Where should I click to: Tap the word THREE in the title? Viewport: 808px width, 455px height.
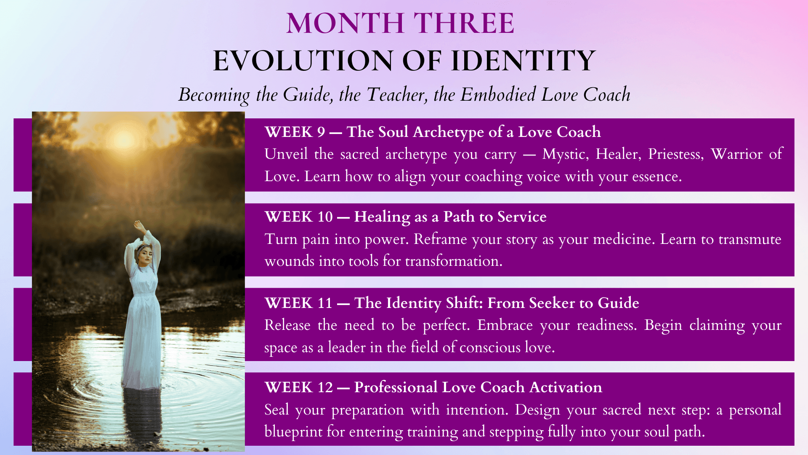point(464,23)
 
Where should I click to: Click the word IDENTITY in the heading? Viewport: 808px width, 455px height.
point(523,61)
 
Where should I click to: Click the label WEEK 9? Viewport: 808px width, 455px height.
point(295,132)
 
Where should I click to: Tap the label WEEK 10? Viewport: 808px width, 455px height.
point(299,217)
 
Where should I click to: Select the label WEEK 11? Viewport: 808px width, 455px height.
point(298,303)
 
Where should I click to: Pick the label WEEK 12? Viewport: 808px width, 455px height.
point(299,387)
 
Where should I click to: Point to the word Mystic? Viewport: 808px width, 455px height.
point(566,155)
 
